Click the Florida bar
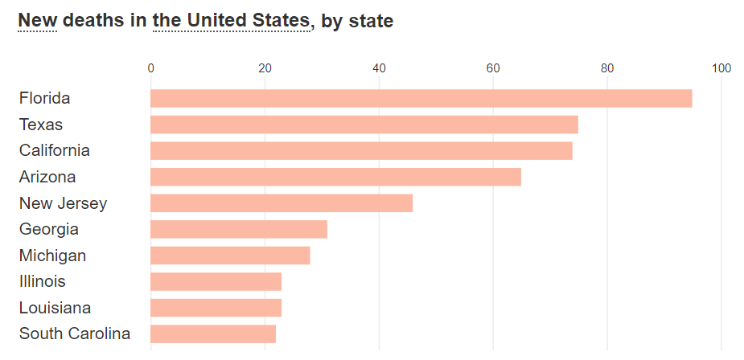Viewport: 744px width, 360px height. point(421,98)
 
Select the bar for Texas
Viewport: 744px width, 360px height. point(364,125)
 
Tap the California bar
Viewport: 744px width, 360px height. point(361,150)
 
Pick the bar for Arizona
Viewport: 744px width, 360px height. point(335,177)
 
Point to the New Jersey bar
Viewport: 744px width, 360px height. point(282,203)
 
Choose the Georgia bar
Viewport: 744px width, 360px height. point(239,229)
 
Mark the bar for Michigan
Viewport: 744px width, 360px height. point(230,256)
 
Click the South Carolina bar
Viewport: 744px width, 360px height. point(213,333)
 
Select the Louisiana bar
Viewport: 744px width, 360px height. point(216,308)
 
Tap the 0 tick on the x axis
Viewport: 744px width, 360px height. point(150,68)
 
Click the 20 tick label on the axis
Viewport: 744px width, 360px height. point(265,68)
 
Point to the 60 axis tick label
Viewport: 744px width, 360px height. point(493,68)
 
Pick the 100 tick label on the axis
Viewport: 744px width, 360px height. point(721,68)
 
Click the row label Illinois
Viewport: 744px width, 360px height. point(43,281)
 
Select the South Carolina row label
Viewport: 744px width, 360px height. point(75,333)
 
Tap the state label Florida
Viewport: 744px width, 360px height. point(45,98)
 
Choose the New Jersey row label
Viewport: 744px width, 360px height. point(63,203)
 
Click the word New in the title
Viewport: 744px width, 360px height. point(37,21)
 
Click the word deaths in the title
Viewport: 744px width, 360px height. point(92,21)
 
